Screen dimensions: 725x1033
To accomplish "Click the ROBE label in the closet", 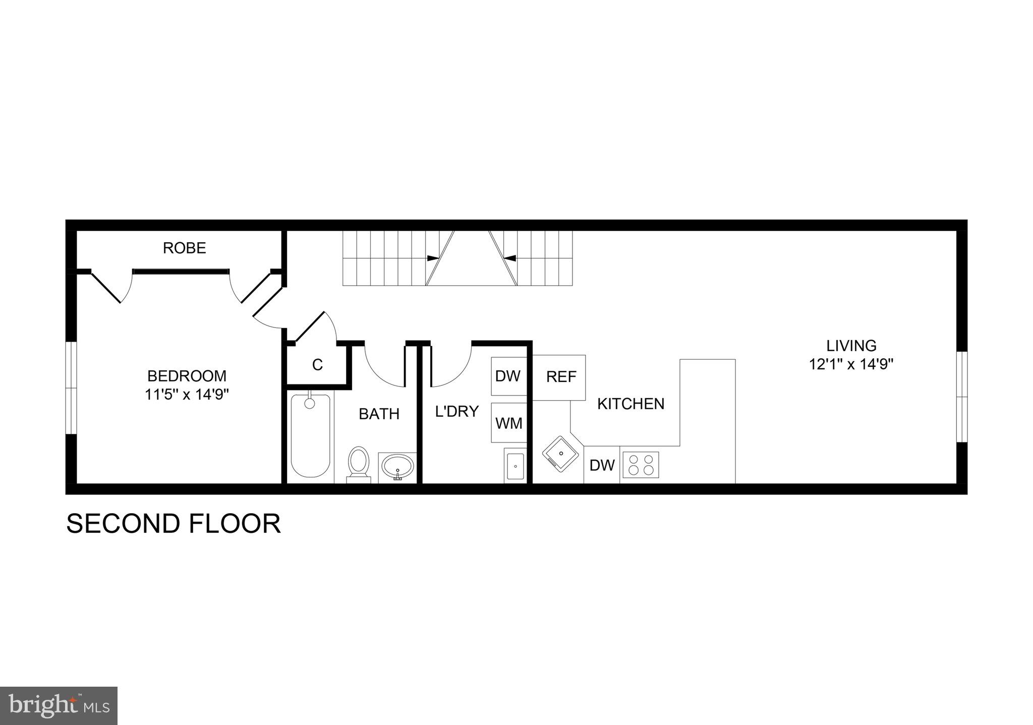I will pyautogui.click(x=184, y=248).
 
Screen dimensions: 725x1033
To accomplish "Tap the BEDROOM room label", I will pyautogui.click(x=187, y=376).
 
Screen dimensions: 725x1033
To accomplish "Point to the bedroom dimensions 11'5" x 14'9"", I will pyautogui.click(x=187, y=394).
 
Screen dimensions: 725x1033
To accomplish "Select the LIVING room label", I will pyautogui.click(x=851, y=346).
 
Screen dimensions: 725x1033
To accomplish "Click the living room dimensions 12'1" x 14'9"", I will pyautogui.click(x=851, y=364).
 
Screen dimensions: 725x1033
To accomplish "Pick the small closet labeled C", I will pyautogui.click(x=317, y=365).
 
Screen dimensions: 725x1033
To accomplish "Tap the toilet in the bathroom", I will pyautogui.click(x=359, y=462).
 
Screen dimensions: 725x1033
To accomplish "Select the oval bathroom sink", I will pyautogui.click(x=397, y=467).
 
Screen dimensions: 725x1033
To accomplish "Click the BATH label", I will pyautogui.click(x=379, y=414).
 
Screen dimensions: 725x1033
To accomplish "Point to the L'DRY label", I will pyautogui.click(x=456, y=411).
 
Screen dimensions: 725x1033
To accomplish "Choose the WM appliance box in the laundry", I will pyautogui.click(x=509, y=423).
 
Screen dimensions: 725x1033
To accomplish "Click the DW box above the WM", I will pyautogui.click(x=508, y=376).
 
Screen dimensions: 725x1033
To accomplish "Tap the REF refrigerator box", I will pyautogui.click(x=561, y=377).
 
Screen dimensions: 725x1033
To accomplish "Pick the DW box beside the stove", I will pyautogui.click(x=602, y=465).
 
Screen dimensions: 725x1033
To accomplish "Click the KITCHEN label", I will pyautogui.click(x=630, y=404).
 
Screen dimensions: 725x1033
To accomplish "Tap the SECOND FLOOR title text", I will pyautogui.click(x=173, y=524).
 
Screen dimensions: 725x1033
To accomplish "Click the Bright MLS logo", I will pyautogui.click(x=59, y=705).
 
